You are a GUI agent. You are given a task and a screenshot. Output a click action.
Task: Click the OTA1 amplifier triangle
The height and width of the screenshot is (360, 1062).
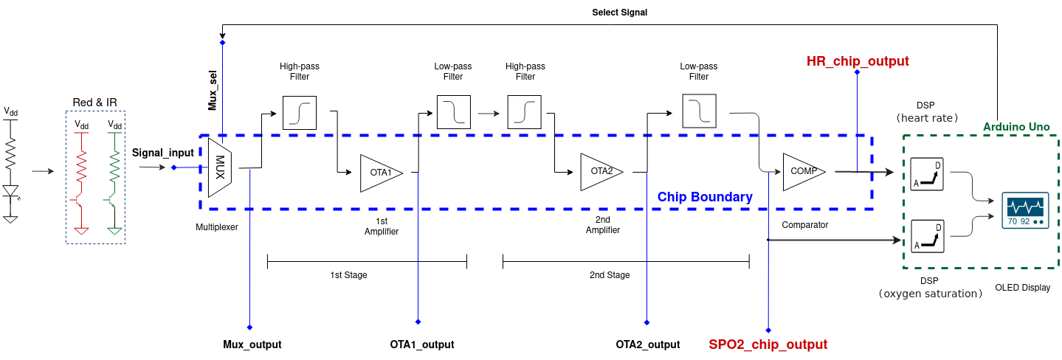coord(378,173)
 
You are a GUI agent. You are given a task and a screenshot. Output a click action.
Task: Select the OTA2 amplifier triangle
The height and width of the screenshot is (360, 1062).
coord(599,172)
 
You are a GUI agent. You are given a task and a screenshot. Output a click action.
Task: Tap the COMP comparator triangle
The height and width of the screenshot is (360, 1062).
coord(801,172)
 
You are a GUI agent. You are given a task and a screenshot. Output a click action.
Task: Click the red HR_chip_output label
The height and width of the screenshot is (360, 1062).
coord(858,61)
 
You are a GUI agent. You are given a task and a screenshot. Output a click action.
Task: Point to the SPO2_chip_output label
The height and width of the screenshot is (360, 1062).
coord(768,345)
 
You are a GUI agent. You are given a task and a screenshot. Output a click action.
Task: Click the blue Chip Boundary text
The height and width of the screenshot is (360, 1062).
coord(705,197)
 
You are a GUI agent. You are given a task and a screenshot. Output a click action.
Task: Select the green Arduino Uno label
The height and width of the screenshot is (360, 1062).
coord(1016,127)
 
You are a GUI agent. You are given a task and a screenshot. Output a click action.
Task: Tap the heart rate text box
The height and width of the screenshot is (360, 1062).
coord(927,118)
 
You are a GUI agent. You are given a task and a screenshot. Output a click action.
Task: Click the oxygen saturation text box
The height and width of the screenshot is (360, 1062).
coord(930,294)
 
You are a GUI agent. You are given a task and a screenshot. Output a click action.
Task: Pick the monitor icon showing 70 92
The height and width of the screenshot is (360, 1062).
coord(1025,211)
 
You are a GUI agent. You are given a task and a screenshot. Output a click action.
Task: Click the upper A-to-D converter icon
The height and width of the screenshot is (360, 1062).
coord(927,175)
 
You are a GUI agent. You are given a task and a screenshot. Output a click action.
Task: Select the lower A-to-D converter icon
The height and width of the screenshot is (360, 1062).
coord(927,236)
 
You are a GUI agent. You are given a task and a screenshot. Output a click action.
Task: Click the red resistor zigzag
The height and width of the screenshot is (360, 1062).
coord(81,168)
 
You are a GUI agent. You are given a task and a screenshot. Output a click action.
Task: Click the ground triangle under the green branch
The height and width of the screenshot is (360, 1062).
coord(114,231)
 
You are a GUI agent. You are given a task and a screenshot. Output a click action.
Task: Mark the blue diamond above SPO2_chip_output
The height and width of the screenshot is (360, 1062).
coord(768,330)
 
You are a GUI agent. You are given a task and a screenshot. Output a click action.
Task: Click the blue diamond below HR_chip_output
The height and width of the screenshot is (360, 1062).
coord(857,72)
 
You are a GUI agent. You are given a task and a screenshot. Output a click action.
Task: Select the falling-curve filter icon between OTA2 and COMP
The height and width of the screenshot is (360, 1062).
coord(699,111)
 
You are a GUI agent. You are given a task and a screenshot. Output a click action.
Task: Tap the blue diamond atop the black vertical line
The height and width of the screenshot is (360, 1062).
coord(222,43)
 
